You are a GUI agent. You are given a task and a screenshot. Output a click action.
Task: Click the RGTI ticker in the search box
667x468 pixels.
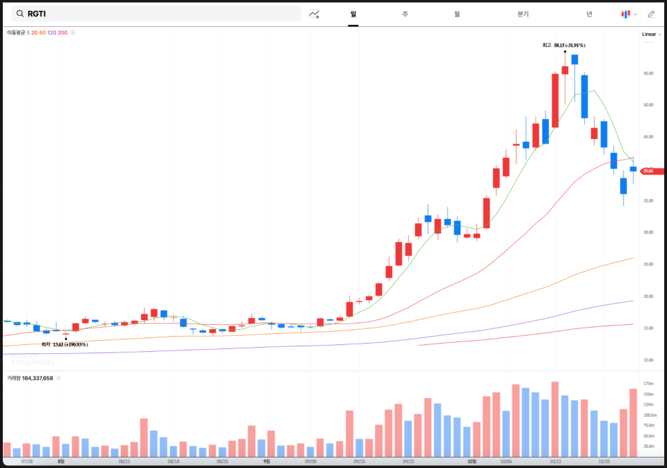pyautogui.click(x=37, y=14)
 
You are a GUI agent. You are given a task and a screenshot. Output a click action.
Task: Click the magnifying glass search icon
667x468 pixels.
pyautogui.click(x=19, y=14)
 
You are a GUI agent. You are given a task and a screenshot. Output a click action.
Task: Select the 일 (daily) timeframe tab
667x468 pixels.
pyautogui.click(x=353, y=14)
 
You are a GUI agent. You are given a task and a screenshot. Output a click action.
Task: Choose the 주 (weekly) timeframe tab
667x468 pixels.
pyautogui.click(x=405, y=14)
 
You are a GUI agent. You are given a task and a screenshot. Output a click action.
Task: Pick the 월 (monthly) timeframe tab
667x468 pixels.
pyautogui.click(x=457, y=14)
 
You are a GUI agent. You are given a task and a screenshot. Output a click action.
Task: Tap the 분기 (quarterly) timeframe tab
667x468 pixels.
pyautogui.click(x=523, y=14)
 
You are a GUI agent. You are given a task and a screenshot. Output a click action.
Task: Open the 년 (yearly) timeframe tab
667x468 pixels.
pyautogui.click(x=589, y=14)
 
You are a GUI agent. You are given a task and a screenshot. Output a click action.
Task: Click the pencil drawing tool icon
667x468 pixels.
pyautogui.click(x=651, y=14)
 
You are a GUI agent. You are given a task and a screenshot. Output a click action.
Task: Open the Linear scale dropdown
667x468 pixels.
pyautogui.click(x=650, y=34)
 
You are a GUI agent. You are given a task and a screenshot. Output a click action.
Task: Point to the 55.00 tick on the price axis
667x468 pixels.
pyautogui.click(x=648, y=73)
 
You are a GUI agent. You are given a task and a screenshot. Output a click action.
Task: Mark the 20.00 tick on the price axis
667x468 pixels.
pyautogui.click(x=648, y=296)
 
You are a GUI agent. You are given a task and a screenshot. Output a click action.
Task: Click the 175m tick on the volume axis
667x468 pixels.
pyautogui.click(x=648, y=384)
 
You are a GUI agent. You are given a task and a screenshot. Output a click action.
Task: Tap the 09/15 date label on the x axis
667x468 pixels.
pyautogui.click(x=359, y=461)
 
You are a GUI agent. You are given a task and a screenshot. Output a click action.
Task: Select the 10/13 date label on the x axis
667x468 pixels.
pyautogui.click(x=555, y=461)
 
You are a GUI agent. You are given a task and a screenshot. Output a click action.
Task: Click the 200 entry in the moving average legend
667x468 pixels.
pyautogui.click(x=64, y=32)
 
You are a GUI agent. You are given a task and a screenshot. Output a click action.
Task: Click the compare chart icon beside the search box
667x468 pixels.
pyautogui.click(x=314, y=14)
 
